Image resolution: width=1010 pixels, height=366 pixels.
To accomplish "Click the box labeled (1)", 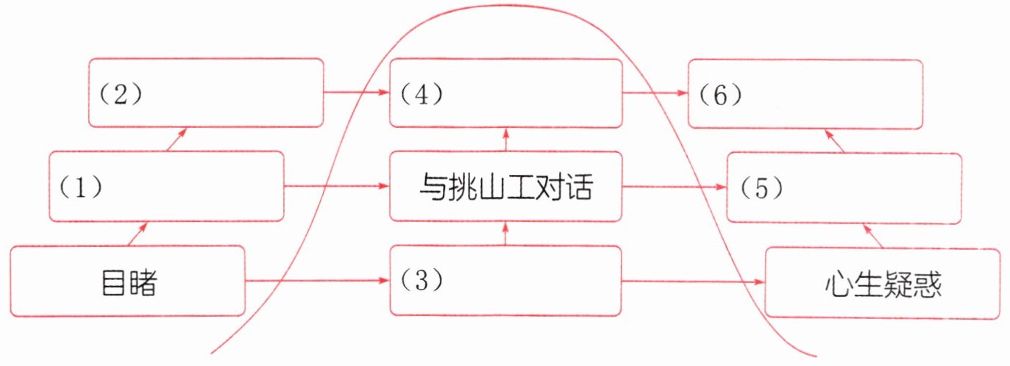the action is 166,186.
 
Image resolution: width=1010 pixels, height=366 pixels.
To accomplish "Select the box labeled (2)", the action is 206,93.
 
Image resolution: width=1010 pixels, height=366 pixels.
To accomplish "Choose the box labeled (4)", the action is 506,93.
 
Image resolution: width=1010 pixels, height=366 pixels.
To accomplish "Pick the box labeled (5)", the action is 844,187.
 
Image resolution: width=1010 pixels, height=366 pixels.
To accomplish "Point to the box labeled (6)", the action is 805,94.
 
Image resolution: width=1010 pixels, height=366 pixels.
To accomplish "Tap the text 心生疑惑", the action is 883,284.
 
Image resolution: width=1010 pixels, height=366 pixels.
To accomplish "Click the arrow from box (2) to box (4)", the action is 356,93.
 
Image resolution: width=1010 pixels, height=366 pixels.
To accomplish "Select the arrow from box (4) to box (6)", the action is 655,93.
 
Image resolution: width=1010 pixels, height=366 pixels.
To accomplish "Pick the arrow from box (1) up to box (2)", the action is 177,138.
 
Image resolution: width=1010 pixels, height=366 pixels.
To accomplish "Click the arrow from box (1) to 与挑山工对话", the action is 336,187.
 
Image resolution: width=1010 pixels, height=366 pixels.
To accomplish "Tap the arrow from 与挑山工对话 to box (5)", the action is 675,187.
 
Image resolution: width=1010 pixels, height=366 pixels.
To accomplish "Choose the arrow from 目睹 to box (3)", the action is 317,281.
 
